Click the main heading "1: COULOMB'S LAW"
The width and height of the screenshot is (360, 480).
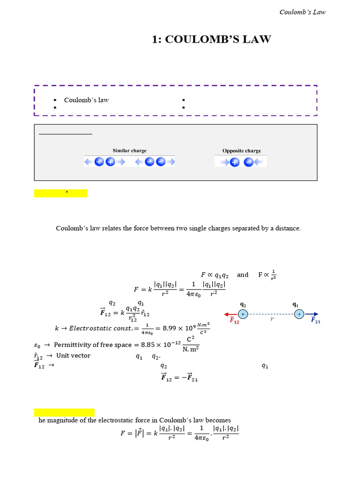211,39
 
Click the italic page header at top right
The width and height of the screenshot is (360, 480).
302,12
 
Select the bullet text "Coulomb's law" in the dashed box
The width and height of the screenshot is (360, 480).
86,100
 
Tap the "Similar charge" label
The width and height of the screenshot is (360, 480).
129,150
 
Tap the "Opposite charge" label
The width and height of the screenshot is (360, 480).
241,150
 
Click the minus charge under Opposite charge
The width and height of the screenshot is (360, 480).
249,162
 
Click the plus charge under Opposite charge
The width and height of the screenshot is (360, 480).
235,162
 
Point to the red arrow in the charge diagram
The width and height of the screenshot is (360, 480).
231,315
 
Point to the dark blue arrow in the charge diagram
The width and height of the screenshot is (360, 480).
312,315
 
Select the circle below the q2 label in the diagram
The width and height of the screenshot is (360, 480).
243,315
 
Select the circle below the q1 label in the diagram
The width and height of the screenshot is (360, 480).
299,315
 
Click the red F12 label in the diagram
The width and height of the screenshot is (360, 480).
234,321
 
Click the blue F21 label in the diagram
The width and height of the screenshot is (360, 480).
315,321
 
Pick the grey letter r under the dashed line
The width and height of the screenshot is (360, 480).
271,319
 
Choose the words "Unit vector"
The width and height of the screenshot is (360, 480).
74,355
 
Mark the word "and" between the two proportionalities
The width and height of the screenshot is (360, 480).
243,275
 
